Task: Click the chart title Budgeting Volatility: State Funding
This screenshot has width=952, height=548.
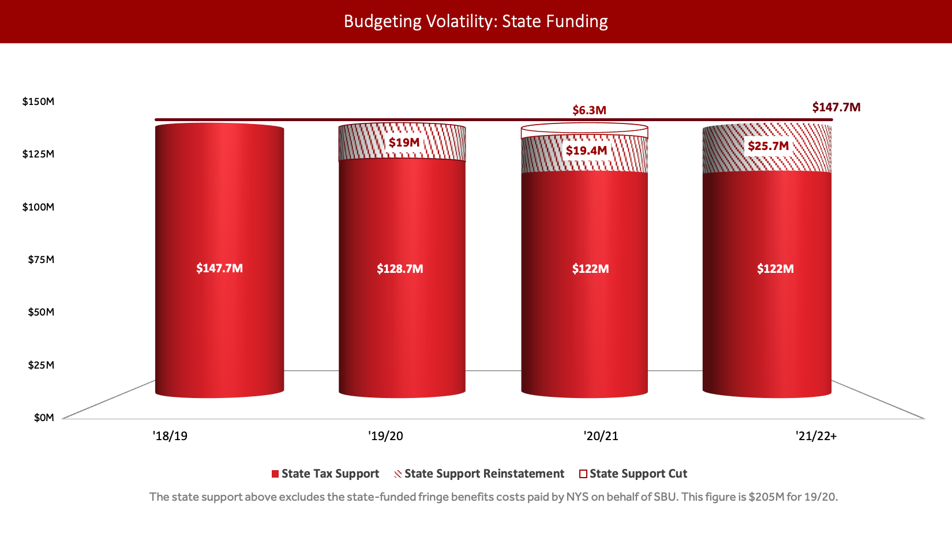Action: [475, 21]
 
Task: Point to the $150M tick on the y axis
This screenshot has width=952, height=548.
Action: [38, 102]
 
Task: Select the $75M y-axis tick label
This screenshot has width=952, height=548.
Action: [41, 260]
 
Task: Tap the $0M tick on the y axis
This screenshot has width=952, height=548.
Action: [44, 418]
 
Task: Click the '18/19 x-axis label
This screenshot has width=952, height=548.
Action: [170, 436]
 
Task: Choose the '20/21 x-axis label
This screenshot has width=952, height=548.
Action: [601, 436]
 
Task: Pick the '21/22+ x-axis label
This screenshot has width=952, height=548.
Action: [816, 436]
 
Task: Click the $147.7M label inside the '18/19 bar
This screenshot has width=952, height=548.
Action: [219, 268]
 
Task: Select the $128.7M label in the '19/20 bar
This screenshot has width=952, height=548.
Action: [400, 269]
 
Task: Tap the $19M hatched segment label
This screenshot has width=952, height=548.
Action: [404, 142]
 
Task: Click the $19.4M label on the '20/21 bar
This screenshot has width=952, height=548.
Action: [586, 151]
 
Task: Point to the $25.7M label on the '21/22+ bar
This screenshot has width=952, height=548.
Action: [768, 146]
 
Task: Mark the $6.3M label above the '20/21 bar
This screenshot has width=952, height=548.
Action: [589, 110]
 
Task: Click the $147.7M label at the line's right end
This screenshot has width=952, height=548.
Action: [836, 107]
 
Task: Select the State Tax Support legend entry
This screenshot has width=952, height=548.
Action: [325, 474]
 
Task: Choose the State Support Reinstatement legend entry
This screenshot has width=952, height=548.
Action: [479, 474]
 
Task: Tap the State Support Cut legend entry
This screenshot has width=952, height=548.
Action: [633, 474]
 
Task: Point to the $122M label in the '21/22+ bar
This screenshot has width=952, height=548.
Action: [775, 269]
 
